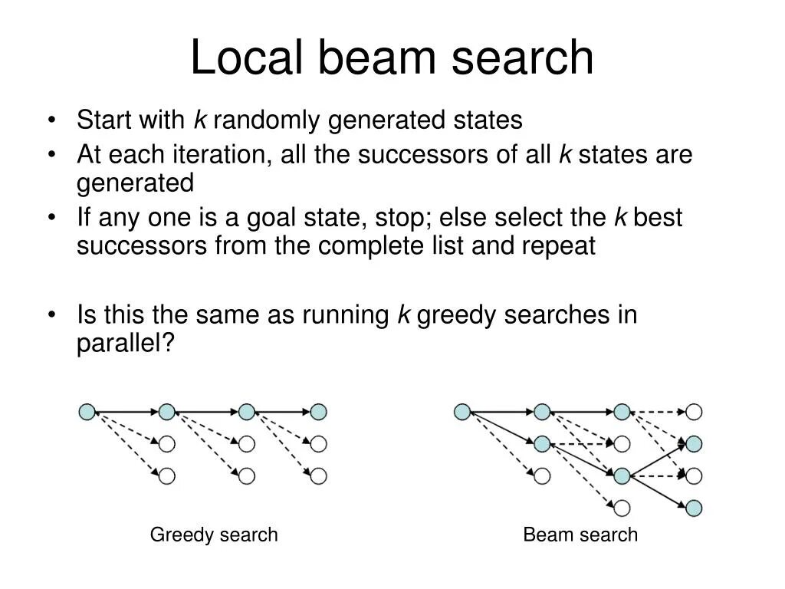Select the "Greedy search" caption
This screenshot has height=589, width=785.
214,535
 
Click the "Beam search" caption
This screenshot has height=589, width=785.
580,535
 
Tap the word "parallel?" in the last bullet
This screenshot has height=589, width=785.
126,344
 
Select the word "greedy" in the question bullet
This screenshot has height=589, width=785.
455,315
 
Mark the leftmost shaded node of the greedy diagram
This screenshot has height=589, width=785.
87,412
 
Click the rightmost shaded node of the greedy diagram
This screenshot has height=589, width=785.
319,412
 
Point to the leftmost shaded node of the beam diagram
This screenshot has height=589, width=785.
461,412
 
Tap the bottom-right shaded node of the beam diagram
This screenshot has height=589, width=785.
694,507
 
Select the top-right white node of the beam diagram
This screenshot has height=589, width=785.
694,412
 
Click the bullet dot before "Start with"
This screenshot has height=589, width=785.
51,121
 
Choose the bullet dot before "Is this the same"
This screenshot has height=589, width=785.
51,316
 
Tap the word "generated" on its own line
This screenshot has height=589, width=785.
135,183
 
